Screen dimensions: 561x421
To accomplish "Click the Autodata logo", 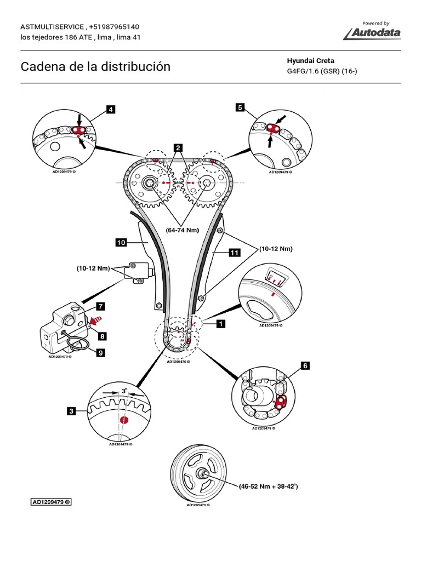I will point(372,33).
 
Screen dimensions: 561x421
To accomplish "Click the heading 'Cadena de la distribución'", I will point(95,67).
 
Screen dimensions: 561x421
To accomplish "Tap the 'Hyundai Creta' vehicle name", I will point(310,61).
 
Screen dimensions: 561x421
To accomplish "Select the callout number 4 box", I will point(111,110).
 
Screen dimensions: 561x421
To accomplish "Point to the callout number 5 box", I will point(240,107).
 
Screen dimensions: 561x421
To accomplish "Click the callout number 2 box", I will point(178,147).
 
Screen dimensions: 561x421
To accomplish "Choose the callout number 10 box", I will point(121,241).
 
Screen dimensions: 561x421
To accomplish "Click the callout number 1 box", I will point(220,324).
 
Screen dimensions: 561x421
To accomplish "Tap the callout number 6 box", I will point(305,364).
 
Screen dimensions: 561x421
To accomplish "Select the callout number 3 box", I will point(72,409).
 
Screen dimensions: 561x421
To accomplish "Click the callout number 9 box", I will point(100,353).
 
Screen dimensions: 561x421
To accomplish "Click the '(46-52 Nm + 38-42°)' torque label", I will point(268,485).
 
